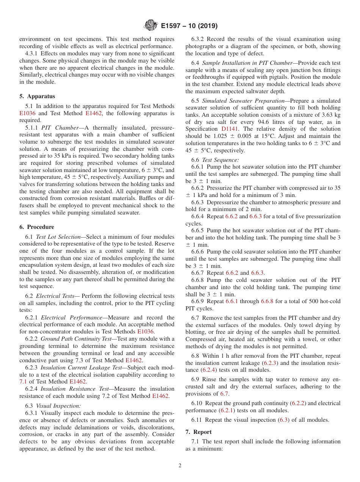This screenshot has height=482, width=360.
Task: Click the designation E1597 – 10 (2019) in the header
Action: point(189,26)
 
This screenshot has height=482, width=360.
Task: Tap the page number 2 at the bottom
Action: point(180,466)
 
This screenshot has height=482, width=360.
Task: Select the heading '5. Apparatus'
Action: point(37,96)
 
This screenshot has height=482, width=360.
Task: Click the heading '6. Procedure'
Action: point(37,227)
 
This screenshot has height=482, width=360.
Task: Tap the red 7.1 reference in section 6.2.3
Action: point(23,382)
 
